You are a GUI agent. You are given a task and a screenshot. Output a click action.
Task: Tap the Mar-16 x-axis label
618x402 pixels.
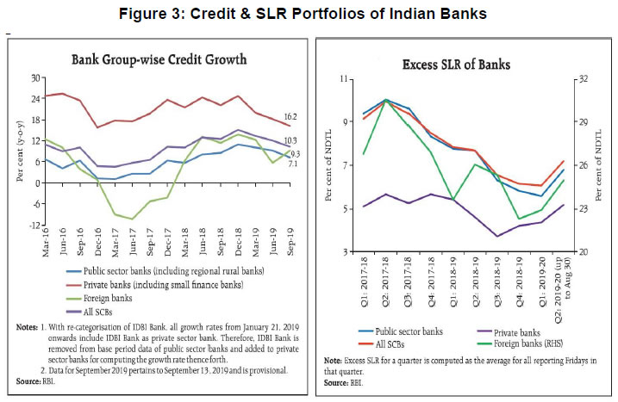click(x=45, y=243)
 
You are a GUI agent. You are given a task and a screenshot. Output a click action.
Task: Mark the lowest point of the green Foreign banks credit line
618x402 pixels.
click(x=133, y=219)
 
